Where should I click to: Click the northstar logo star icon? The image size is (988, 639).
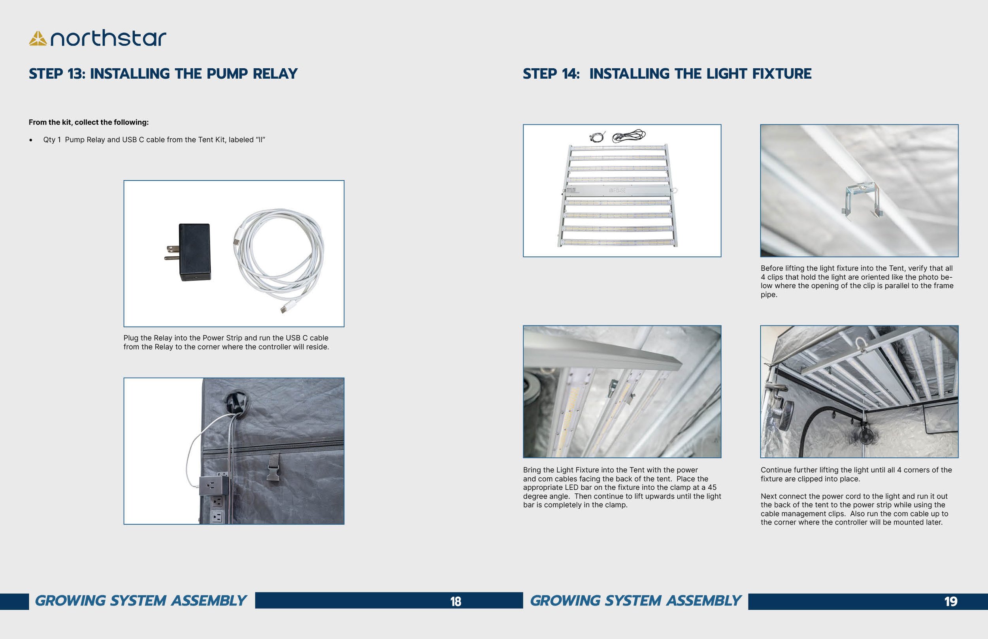(x=38, y=39)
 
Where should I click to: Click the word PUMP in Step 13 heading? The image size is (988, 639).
(x=228, y=74)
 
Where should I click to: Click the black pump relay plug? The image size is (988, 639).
(x=194, y=252)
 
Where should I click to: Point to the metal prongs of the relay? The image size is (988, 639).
(x=172, y=253)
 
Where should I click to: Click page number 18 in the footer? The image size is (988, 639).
(x=455, y=601)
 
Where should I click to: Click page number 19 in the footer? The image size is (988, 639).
(x=950, y=601)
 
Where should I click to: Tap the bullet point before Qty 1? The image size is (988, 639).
(x=31, y=140)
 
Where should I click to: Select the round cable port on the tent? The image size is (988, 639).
(x=238, y=401)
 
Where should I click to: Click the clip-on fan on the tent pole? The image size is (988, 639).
(x=784, y=415)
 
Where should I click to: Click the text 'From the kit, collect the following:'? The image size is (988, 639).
(x=89, y=122)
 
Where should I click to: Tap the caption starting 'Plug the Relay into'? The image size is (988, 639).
(x=226, y=342)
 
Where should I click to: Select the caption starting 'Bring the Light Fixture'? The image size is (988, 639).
(x=621, y=487)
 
